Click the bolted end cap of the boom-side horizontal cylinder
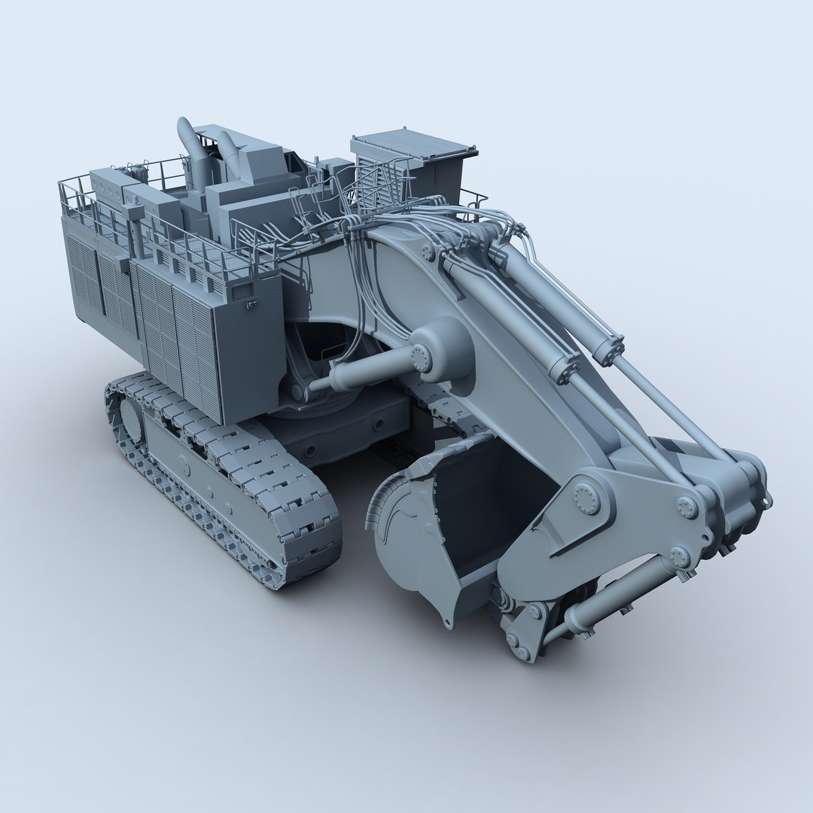420,358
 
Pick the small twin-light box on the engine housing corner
252,303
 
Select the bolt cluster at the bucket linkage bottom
519,644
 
